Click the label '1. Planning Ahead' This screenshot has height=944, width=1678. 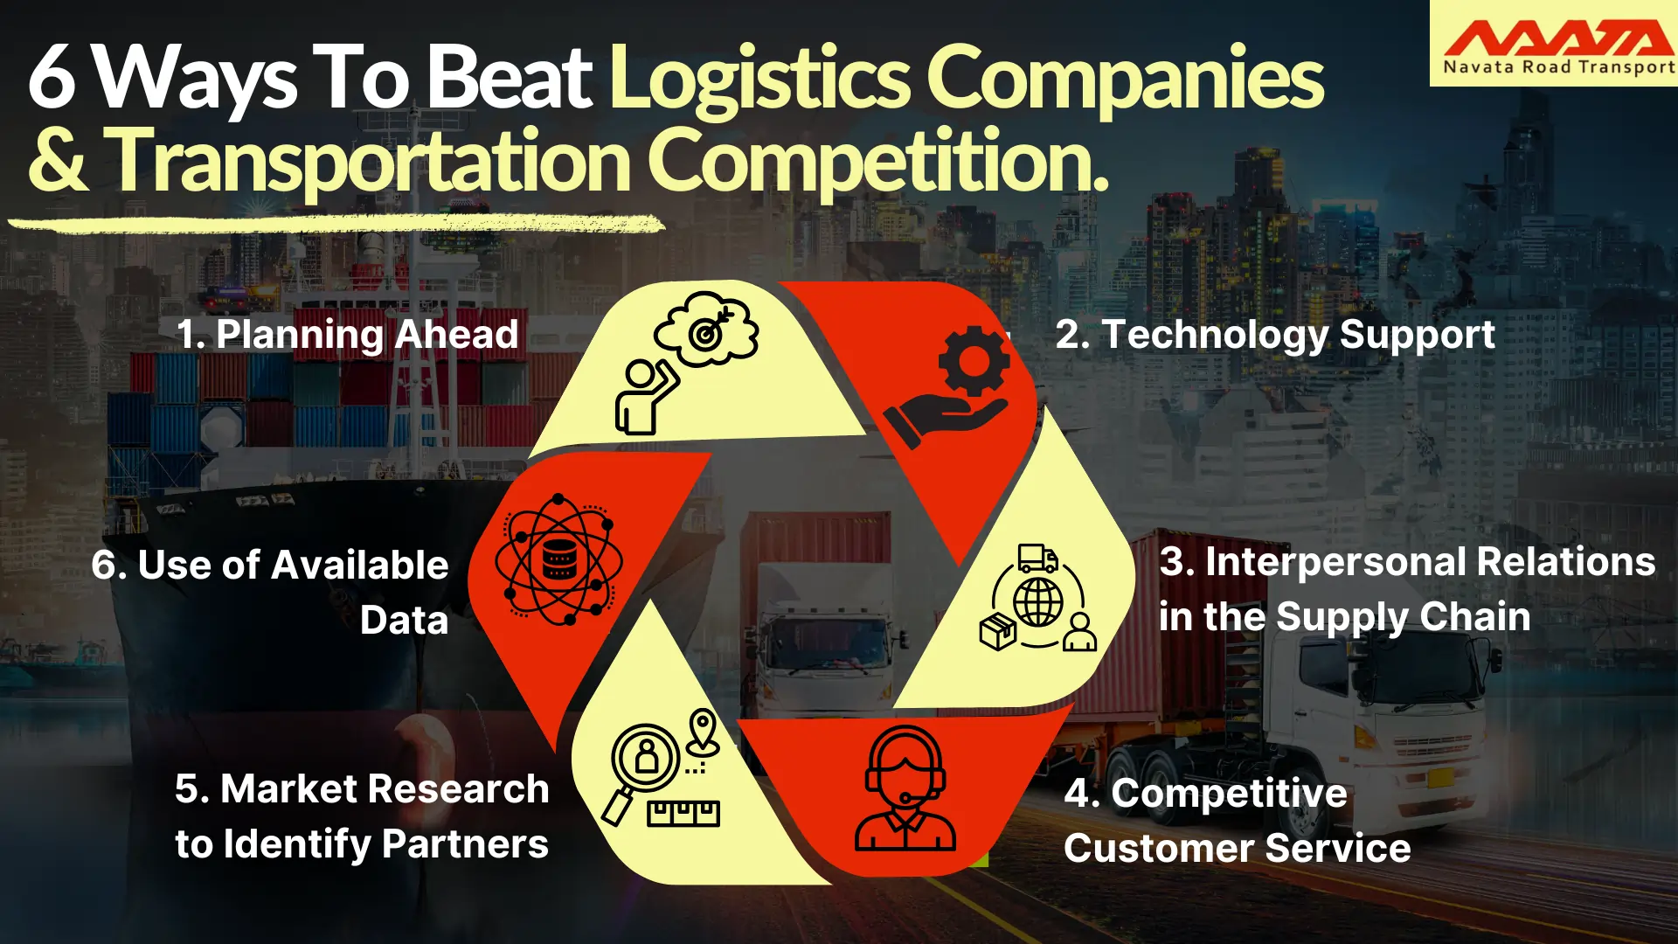pyautogui.click(x=347, y=335)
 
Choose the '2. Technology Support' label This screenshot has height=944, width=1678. pyautogui.click(x=1274, y=335)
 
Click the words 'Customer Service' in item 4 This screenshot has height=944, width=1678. pyautogui.click(x=1237, y=849)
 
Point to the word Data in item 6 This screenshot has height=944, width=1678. pyautogui.click(x=404, y=621)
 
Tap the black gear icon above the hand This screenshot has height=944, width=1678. pyautogui.click(x=974, y=359)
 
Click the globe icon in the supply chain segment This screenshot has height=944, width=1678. pyautogui.click(x=1038, y=602)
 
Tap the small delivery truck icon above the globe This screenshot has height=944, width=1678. pyautogui.click(x=1037, y=558)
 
